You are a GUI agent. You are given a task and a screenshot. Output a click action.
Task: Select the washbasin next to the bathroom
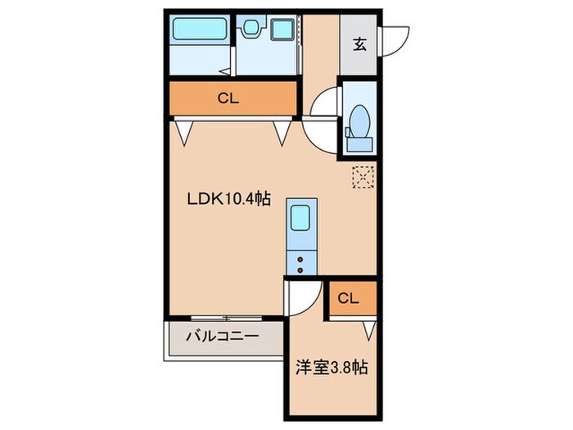250,29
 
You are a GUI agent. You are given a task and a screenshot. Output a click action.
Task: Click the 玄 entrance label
359,45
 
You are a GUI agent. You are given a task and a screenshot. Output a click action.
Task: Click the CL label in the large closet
228,99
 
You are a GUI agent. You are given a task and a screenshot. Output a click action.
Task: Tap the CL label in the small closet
348,298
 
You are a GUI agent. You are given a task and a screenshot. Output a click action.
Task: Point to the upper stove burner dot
299,259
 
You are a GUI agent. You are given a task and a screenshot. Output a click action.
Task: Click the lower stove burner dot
299,269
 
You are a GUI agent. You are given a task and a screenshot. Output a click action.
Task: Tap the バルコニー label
222,335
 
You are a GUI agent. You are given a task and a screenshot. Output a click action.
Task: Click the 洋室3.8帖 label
331,368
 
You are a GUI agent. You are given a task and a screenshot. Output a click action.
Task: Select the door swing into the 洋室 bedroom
301,296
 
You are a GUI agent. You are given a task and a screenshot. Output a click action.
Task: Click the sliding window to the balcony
226,318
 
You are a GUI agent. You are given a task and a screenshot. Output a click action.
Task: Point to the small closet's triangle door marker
369,330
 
